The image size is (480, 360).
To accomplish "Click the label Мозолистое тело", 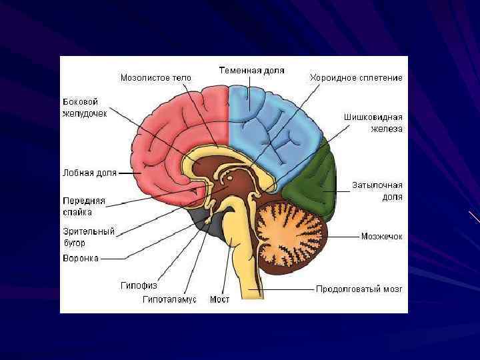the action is pos(155,77).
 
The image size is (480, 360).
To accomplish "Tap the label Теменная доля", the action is pos(252,70).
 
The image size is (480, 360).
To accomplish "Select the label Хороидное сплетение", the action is pos(355,77).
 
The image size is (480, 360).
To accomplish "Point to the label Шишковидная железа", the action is pos(373,123).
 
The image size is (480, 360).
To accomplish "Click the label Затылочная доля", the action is pos(377,191).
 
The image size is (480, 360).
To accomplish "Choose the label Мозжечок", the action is pos(381,236).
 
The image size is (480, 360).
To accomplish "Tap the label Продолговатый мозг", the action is pos(358,289).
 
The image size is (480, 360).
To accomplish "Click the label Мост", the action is pos(219,299).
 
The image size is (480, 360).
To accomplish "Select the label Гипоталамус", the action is pos(169,299).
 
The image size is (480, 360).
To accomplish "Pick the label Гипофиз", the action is pos(139,285).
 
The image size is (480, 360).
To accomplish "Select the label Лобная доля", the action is pos(89,173).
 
